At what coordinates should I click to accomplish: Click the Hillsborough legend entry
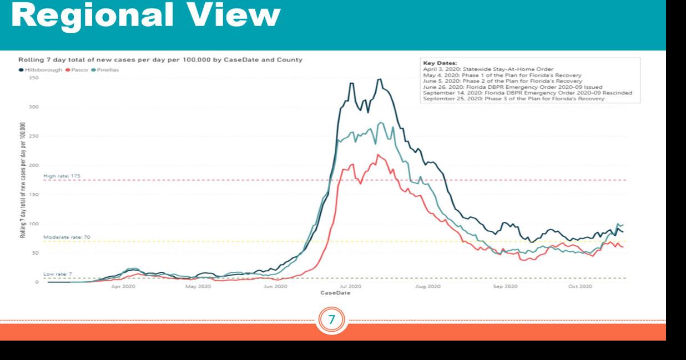pos(41,69)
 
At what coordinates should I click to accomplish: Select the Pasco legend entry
pos(78,69)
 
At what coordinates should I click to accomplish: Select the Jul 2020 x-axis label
pos(350,287)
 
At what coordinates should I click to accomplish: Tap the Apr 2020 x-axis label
pos(123,287)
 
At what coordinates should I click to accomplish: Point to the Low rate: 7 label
pos(57,273)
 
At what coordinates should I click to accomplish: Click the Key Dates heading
pos(439,63)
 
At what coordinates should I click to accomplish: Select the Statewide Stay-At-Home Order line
pos(488,69)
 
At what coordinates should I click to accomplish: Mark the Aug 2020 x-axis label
pos(427,287)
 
